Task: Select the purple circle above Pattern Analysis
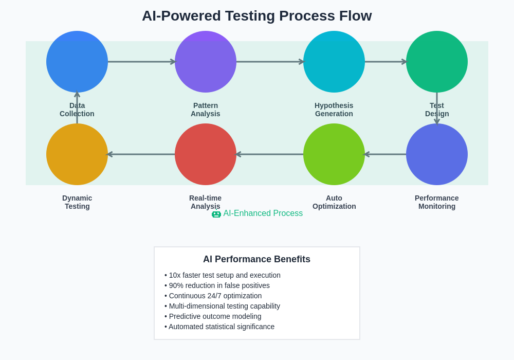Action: coord(206,62)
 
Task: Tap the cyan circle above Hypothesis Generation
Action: coord(334,62)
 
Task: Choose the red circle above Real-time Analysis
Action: coord(206,154)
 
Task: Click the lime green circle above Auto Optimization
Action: coord(334,154)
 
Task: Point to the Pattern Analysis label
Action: coord(206,110)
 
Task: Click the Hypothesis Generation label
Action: coord(334,110)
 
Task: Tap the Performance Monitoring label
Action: coord(437,202)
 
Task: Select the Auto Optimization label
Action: coord(334,202)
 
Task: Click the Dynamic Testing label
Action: coord(77,202)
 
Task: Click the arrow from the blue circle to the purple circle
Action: coord(141,62)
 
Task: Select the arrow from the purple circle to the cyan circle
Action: coord(270,62)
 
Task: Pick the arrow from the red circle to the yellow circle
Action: coord(141,154)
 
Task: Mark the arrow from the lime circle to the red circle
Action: coord(270,154)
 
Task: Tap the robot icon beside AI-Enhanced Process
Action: coord(216,213)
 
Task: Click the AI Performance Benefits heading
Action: coord(256,259)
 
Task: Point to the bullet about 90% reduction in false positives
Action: coord(217,285)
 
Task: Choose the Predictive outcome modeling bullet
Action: coord(213,316)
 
